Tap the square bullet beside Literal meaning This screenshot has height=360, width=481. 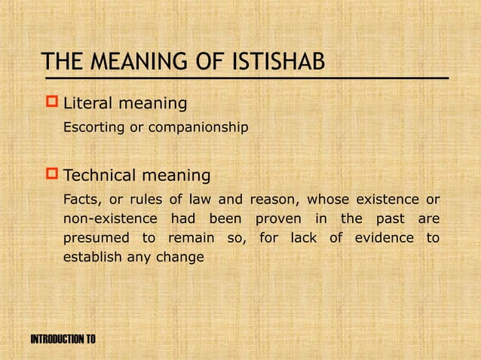52,102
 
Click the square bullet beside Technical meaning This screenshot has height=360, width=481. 52,175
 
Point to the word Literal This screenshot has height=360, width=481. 89,102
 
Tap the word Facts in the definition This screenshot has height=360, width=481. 81,200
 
